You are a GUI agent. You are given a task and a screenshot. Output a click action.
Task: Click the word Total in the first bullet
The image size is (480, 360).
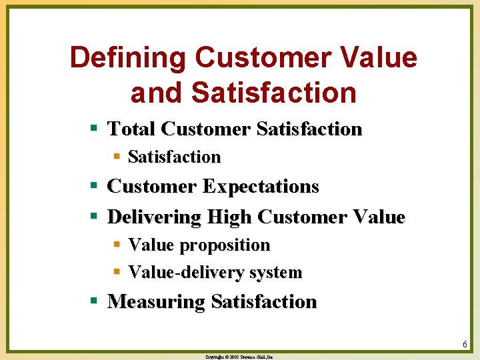131,129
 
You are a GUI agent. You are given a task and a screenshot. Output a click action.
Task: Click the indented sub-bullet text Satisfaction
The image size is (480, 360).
174,157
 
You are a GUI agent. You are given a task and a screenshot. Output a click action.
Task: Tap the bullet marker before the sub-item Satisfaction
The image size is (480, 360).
116,157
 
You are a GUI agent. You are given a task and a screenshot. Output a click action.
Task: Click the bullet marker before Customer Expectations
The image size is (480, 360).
95,187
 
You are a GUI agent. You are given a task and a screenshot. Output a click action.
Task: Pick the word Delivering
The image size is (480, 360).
154,217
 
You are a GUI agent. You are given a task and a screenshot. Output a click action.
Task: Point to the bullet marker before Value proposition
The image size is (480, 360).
116,245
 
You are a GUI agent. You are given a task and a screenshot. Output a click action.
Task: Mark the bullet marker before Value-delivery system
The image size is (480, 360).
116,272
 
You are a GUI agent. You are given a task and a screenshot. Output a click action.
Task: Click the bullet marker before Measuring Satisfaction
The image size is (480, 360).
95,301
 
